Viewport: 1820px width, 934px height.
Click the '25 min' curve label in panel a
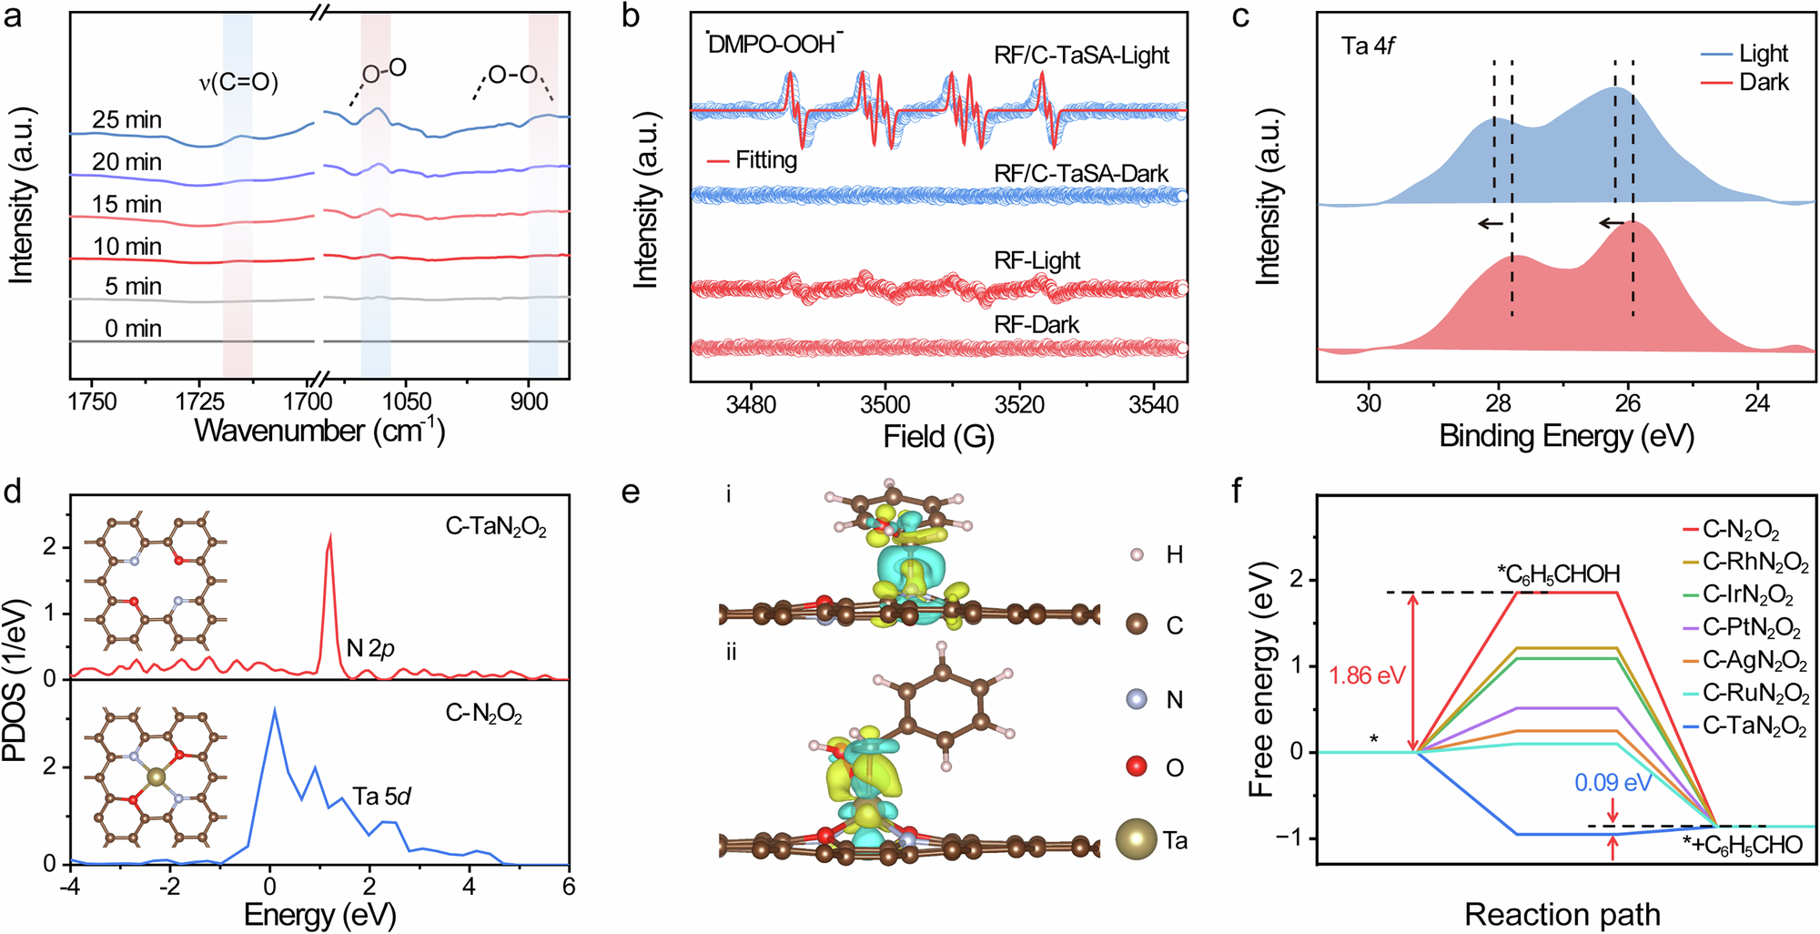tap(126, 119)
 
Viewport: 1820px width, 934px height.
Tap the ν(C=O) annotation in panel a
tap(238, 83)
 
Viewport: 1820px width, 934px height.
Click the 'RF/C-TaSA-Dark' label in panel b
tap(1081, 173)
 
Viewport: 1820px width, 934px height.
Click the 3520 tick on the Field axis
tap(1019, 403)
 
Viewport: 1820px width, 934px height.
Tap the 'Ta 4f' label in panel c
tap(1368, 46)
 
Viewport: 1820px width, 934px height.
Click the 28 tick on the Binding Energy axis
tap(1498, 403)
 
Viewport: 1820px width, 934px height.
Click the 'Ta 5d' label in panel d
tap(382, 797)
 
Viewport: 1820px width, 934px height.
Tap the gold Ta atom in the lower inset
tap(157, 777)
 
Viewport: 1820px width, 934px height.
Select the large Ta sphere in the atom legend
tap(1137, 839)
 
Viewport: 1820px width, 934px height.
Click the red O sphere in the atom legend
tap(1137, 766)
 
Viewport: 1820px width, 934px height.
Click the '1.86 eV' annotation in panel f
tap(1367, 675)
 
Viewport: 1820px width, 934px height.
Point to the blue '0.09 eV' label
tap(1613, 783)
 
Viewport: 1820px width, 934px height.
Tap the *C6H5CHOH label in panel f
tap(1558, 574)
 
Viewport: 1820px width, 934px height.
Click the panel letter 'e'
tap(631, 492)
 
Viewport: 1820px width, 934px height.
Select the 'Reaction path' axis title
tap(1562, 913)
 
